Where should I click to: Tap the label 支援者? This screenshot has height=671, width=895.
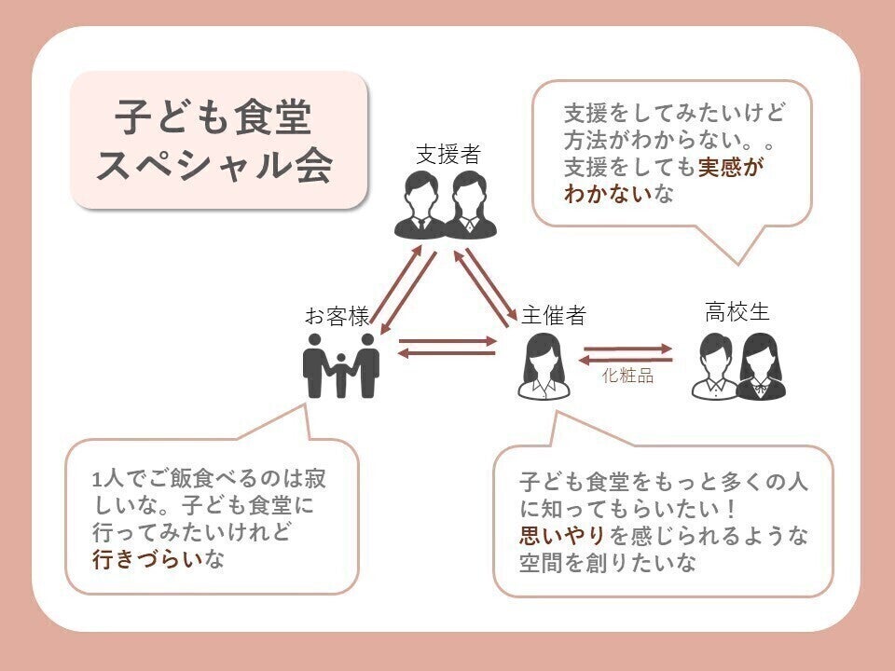click(447, 154)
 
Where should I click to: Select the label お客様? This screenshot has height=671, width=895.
click(337, 316)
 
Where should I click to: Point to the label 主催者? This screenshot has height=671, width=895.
click(554, 316)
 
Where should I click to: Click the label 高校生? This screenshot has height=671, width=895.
click(737, 312)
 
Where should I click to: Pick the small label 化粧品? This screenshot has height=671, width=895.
click(627, 377)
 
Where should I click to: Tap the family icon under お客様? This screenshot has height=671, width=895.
click(341, 364)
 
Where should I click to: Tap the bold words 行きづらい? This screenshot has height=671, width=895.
click(147, 561)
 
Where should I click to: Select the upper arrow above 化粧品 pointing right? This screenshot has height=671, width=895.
click(627, 349)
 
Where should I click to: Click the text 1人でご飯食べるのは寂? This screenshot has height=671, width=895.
click(211, 481)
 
